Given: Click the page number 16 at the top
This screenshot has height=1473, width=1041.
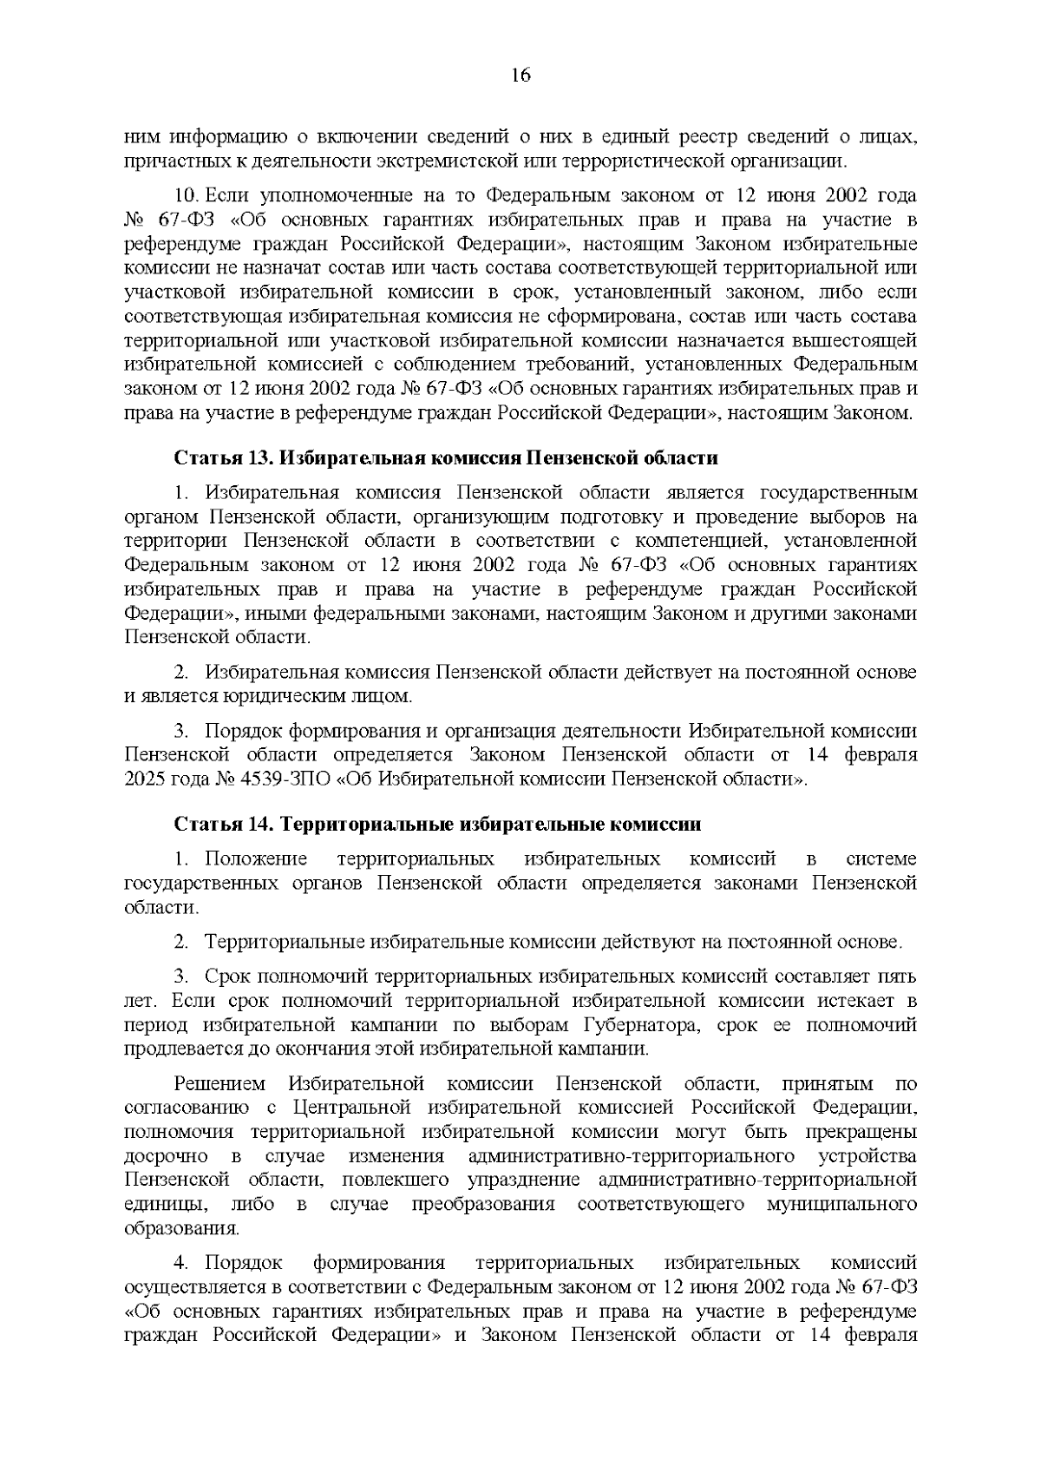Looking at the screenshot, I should tap(520, 75).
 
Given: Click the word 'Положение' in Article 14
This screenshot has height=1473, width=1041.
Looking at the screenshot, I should tap(257, 859).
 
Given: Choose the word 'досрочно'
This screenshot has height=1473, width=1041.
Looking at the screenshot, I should tap(166, 1156).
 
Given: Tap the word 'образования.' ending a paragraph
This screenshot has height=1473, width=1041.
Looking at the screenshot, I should tap(182, 1229).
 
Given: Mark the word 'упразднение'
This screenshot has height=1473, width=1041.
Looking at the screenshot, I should tap(524, 1180).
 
